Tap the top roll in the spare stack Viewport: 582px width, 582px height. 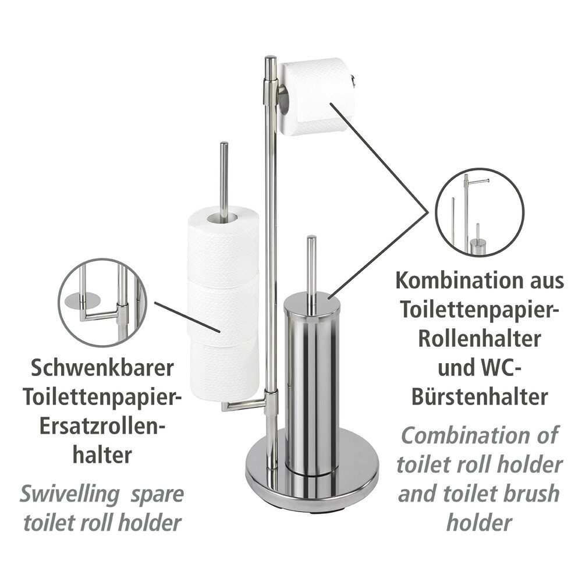223,244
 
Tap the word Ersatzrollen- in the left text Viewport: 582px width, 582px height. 102,426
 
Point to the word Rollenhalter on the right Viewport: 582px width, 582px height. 480,338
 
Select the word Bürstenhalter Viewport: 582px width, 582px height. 480,396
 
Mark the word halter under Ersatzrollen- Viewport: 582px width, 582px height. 102,455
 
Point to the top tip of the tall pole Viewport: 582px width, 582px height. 270,58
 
